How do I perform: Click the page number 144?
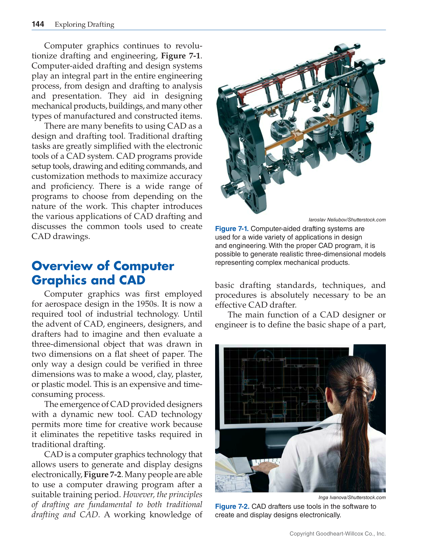point(38,24)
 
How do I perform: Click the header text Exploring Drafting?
point(84,25)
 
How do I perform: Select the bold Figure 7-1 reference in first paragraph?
point(181,56)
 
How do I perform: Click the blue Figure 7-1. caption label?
point(232,229)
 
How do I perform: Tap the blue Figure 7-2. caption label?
point(232,506)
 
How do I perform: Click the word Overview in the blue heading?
point(62,266)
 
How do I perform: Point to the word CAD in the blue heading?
point(132,280)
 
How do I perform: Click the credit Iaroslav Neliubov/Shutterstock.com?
point(347,220)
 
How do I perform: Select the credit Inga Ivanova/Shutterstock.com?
point(352,497)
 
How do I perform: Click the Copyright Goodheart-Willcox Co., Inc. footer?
point(337,534)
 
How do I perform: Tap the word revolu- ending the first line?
point(188,46)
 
